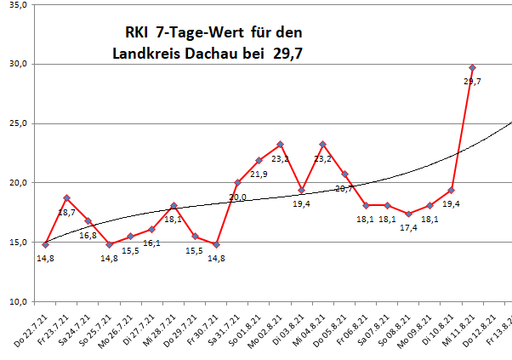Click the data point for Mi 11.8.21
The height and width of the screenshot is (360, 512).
point(472,67)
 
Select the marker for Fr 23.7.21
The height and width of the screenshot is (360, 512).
point(66,197)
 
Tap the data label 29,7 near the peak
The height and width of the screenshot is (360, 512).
point(472,81)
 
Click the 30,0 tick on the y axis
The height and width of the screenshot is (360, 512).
point(18,64)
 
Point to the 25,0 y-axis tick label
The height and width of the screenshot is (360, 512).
point(18,123)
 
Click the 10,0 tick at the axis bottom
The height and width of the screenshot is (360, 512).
point(18,302)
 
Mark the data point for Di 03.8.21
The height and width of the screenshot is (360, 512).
point(301,190)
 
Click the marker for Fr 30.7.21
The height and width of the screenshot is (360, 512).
point(216,244)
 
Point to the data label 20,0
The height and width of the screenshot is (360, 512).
point(239,197)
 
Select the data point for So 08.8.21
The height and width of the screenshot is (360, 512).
point(408,214)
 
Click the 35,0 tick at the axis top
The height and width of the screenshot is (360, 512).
point(18,5)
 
